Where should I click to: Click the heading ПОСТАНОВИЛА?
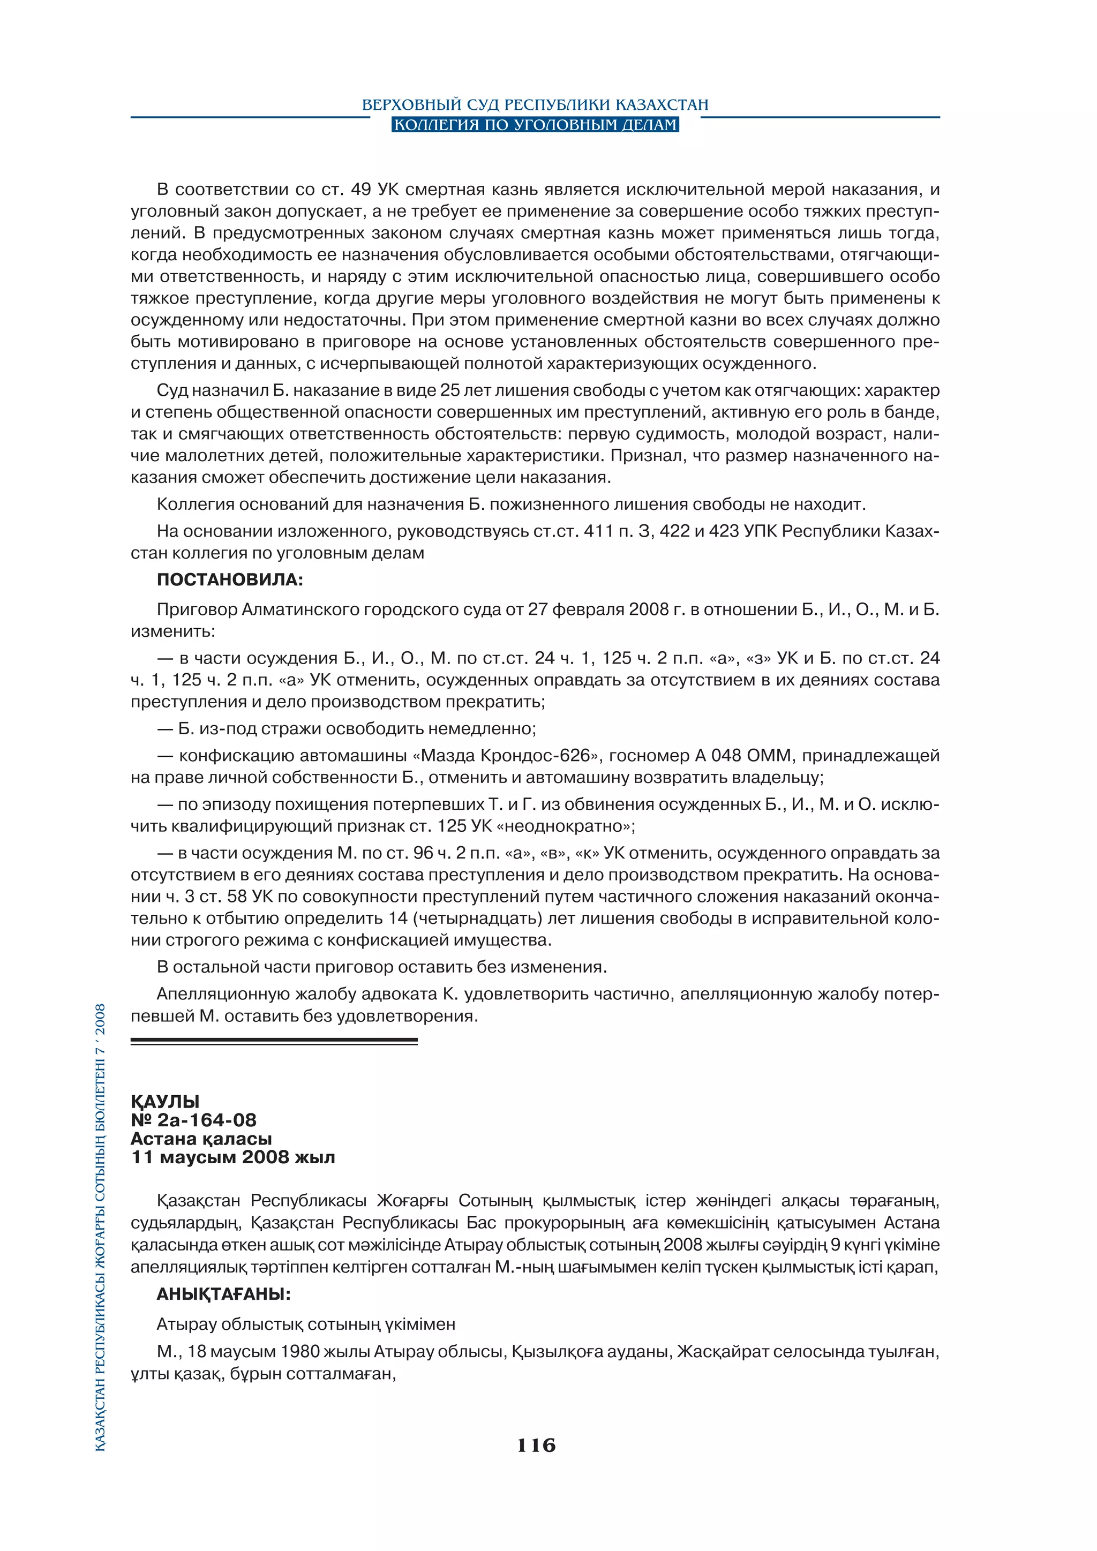point(230,579)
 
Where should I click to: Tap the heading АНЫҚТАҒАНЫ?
point(223,1293)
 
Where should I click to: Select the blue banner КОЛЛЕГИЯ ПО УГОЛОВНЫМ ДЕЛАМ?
point(535,125)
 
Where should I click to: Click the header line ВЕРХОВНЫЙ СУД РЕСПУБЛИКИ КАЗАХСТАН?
point(535,105)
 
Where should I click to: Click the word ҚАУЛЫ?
point(165,1101)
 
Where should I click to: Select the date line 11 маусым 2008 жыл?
point(233,1157)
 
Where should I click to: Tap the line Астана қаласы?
point(201,1139)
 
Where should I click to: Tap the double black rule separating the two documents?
point(274,1042)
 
